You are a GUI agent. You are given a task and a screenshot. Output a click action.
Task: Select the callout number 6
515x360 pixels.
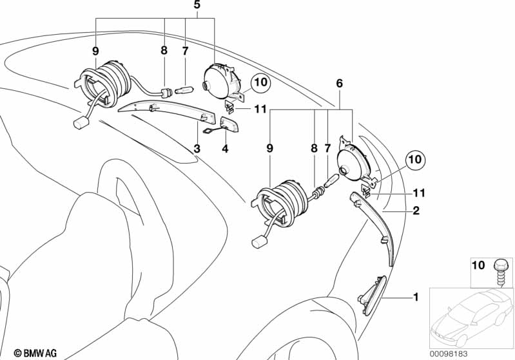point(340,83)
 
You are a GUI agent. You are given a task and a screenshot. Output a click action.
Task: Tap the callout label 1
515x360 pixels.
point(416,297)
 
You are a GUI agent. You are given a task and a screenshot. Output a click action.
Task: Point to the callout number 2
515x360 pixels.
point(416,210)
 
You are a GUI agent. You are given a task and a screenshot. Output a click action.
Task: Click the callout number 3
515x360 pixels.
point(197,149)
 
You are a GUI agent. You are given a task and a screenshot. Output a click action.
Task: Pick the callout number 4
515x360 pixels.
point(224,149)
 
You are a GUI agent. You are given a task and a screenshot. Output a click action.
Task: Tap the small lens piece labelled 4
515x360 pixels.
point(227,123)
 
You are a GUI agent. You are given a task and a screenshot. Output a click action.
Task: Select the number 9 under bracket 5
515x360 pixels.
point(95,50)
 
